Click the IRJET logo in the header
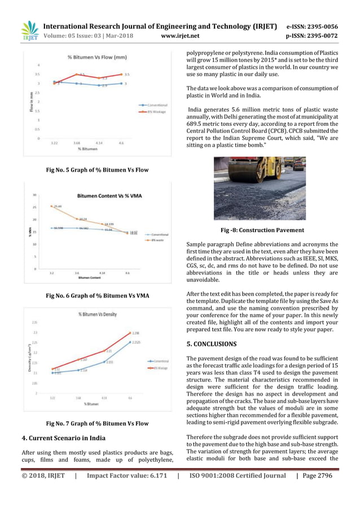coord(29,31)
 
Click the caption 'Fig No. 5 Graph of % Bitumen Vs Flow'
coord(97,169)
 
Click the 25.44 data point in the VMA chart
coord(52,206)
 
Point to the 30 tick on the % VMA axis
coord(34,195)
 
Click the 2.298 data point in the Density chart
coord(130,334)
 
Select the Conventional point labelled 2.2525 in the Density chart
coord(130,342)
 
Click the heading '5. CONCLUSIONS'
coord(212,344)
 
